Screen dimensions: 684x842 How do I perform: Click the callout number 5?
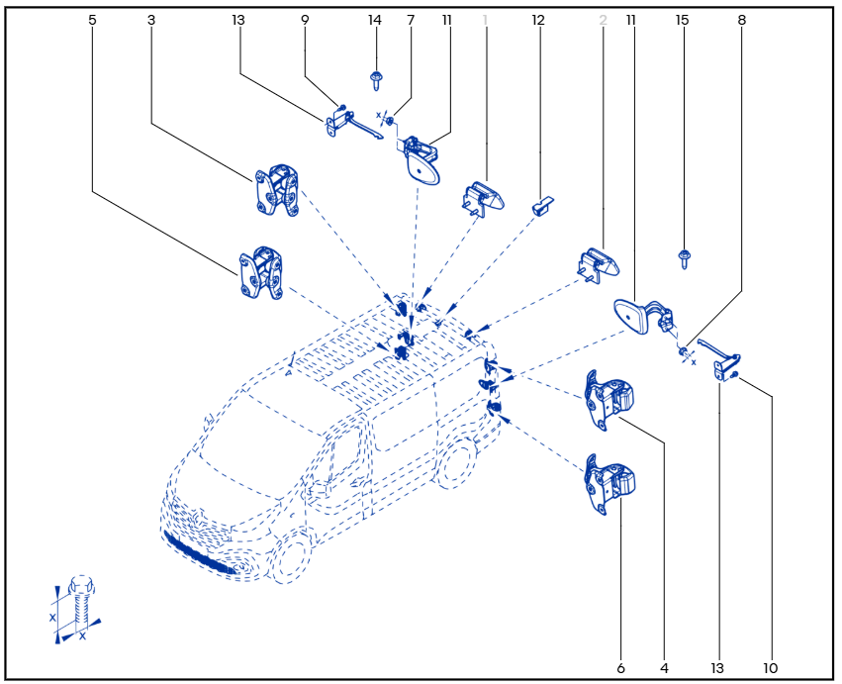point(92,20)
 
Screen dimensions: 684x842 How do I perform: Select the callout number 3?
point(150,20)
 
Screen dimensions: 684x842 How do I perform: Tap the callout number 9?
point(305,20)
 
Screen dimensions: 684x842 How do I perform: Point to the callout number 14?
point(374,20)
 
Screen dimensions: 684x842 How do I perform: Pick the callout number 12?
point(538,20)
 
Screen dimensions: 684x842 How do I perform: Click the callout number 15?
point(681,20)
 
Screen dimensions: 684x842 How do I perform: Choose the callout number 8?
point(742,20)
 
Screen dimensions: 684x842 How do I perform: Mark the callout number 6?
point(620,668)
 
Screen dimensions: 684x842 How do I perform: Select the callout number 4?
point(665,668)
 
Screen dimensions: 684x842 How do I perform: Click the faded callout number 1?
point(486,20)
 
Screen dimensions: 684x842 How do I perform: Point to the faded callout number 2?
point(603,20)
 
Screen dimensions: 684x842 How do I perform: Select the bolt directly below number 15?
point(683,258)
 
